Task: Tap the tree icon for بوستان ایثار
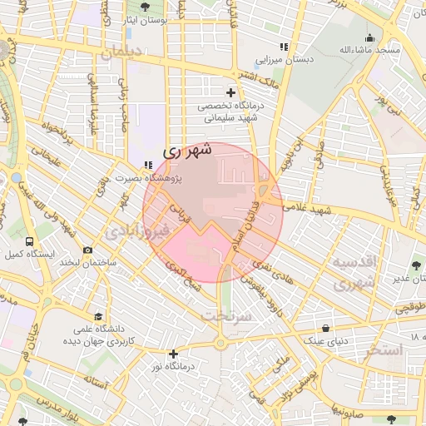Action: click(x=146, y=6)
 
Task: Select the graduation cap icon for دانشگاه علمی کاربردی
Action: click(x=99, y=317)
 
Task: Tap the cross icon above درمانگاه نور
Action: click(x=173, y=354)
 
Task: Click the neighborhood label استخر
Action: click(x=382, y=350)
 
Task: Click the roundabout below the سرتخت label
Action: click(x=220, y=343)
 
